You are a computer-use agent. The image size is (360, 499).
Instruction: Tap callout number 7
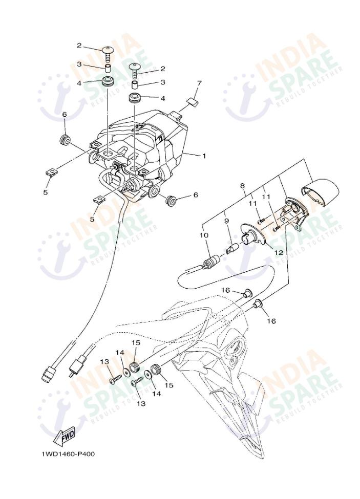coord(200,83)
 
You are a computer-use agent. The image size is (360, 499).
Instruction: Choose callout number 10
coord(204,235)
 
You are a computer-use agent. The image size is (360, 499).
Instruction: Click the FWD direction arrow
coord(66,436)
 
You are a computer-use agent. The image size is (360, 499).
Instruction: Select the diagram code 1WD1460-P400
coord(69,454)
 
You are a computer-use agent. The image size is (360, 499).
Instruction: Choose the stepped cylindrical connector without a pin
coord(48,374)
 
